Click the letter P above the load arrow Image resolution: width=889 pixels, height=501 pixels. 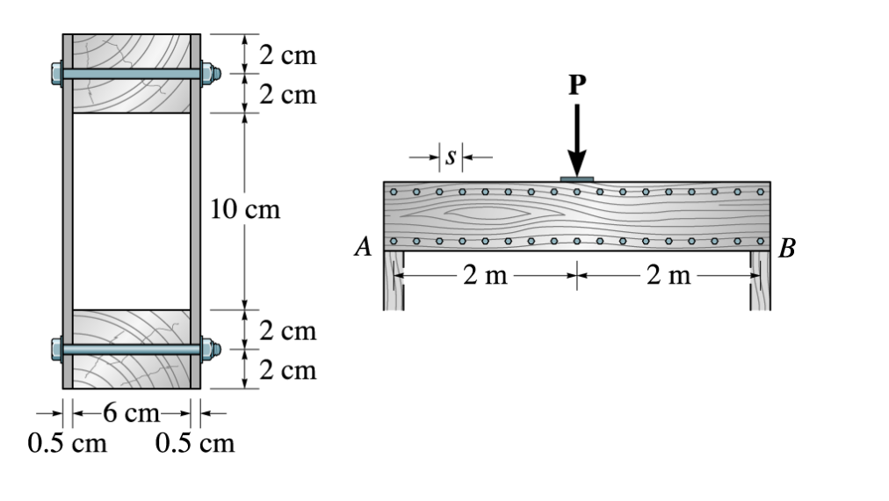[x=576, y=84]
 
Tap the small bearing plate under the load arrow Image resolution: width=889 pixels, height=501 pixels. [x=576, y=179]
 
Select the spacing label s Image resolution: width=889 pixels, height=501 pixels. [x=451, y=157]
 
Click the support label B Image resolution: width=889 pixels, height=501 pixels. [x=787, y=249]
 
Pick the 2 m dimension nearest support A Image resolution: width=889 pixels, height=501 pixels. [x=485, y=277]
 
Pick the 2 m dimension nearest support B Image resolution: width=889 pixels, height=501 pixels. [x=669, y=277]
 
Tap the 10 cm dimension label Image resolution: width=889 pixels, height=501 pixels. [x=245, y=210]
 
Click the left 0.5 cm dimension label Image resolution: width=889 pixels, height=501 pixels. [x=68, y=442]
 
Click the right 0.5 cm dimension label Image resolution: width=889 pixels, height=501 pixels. [x=194, y=442]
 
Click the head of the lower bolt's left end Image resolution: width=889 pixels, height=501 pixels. [x=56, y=349]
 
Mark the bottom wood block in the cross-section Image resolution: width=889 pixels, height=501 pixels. [x=132, y=369]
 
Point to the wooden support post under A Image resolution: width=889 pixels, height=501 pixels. [x=394, y=281]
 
